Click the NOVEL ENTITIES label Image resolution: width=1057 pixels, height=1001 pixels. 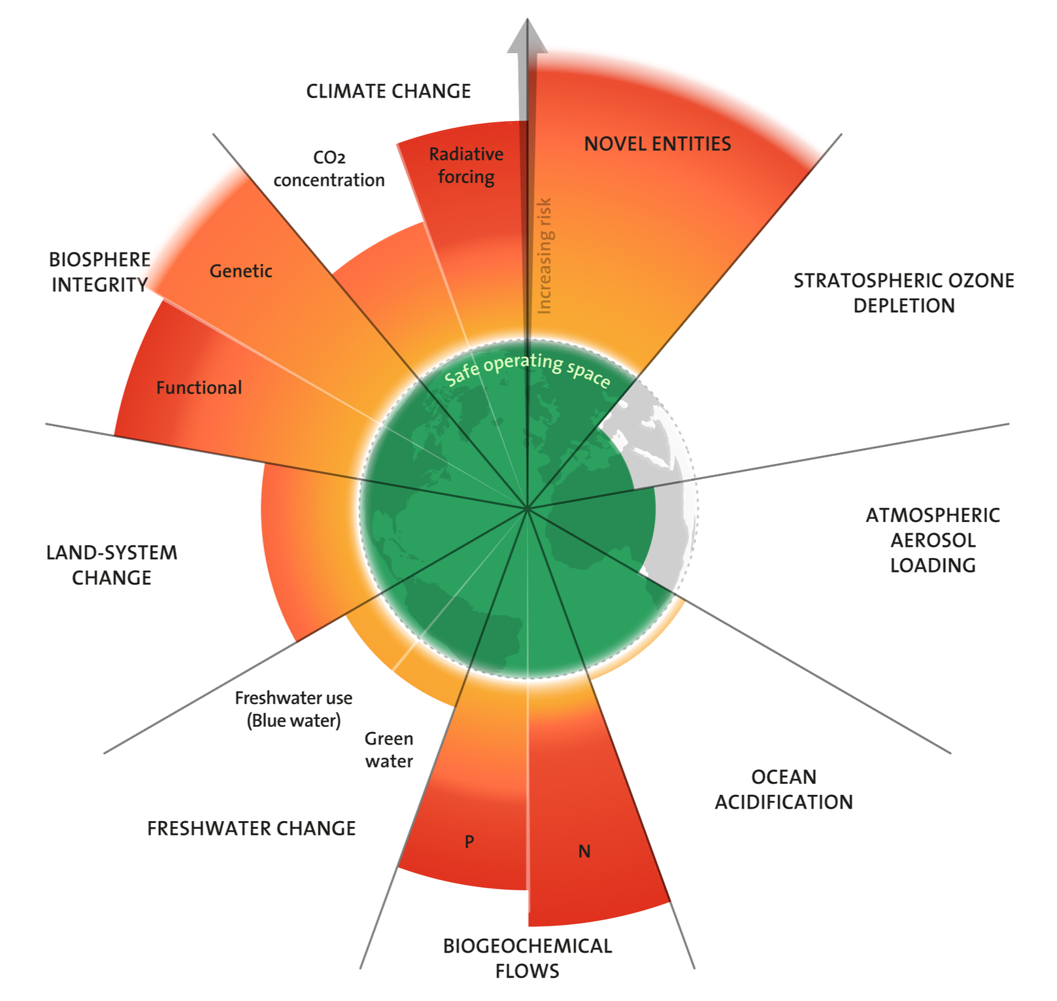point(657,144)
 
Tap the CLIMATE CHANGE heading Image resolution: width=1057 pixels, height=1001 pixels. point(388,92)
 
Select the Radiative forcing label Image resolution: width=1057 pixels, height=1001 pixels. point(466,166)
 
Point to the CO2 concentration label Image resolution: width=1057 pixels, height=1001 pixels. point(328,169)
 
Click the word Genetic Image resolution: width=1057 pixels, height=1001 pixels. point(241,271)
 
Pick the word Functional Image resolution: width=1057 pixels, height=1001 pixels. point(199,387)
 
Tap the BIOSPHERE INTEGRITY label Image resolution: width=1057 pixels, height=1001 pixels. point(99,272)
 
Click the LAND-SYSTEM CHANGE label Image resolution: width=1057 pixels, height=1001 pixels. point(111,566)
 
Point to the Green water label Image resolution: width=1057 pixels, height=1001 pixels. point(389,750)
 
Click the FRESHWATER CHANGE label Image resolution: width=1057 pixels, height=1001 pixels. point(251,829)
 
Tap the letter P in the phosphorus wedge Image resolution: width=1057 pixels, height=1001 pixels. point(469,842)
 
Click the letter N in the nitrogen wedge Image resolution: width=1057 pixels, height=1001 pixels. point(584,851)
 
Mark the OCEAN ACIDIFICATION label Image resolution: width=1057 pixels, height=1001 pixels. point(783,790)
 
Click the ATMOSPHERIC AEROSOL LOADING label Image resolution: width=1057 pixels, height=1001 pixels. point(932,540)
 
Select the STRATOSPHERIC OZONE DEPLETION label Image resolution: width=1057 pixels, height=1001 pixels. point(903,293)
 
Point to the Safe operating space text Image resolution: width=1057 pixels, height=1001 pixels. point(527,370)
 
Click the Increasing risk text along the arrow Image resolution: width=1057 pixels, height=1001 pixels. point(545,255)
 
